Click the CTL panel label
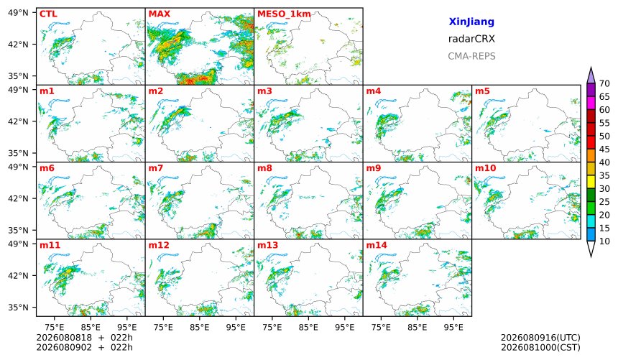tap(48, 14)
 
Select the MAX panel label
tap(160, 14)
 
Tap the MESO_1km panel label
tap(284, 14)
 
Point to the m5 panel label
tap(482, 91)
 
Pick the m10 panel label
tap(485, 168)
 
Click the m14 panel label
tap(377, 245)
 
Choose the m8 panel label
tap(265, 168)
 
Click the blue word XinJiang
tap(471, 22)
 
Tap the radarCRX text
tap(471, 39)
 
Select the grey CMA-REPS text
tap(471, 56)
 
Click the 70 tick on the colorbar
tap(604, 83)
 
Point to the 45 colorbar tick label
tap(604, 149)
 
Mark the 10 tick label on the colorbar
tap(604, 241)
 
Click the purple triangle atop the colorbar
tap(591, 75)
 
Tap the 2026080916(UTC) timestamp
tap(540, 338)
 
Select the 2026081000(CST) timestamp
tap(540, 347)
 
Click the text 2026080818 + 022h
tap(84, 338)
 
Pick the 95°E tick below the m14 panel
tap(453, 327)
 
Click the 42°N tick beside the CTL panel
tap(18, 44)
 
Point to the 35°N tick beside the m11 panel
tap(18, 307)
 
